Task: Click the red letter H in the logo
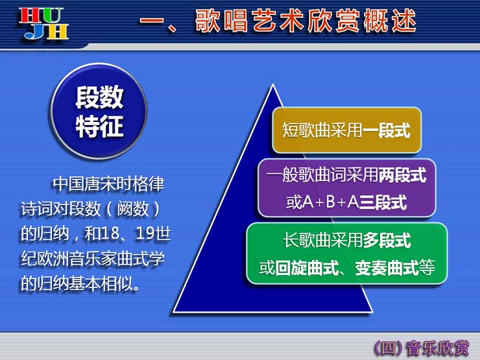point(29,16)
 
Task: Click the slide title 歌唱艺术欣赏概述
point(306,21)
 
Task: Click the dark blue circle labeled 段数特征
point(99,111)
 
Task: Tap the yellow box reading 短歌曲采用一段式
point(347,130)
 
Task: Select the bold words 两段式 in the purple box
point(402,175)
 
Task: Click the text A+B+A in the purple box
point(331,202)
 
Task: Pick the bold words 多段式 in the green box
point(387,240)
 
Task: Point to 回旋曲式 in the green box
point(307,268)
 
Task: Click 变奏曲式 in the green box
point(387,268)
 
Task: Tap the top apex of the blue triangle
point(272,84)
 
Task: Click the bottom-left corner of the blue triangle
point(174,311)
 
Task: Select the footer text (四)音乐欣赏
point(422,348)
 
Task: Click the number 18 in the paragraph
point(110,234)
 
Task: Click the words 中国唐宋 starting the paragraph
point(85,184)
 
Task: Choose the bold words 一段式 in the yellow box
point(387,130)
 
